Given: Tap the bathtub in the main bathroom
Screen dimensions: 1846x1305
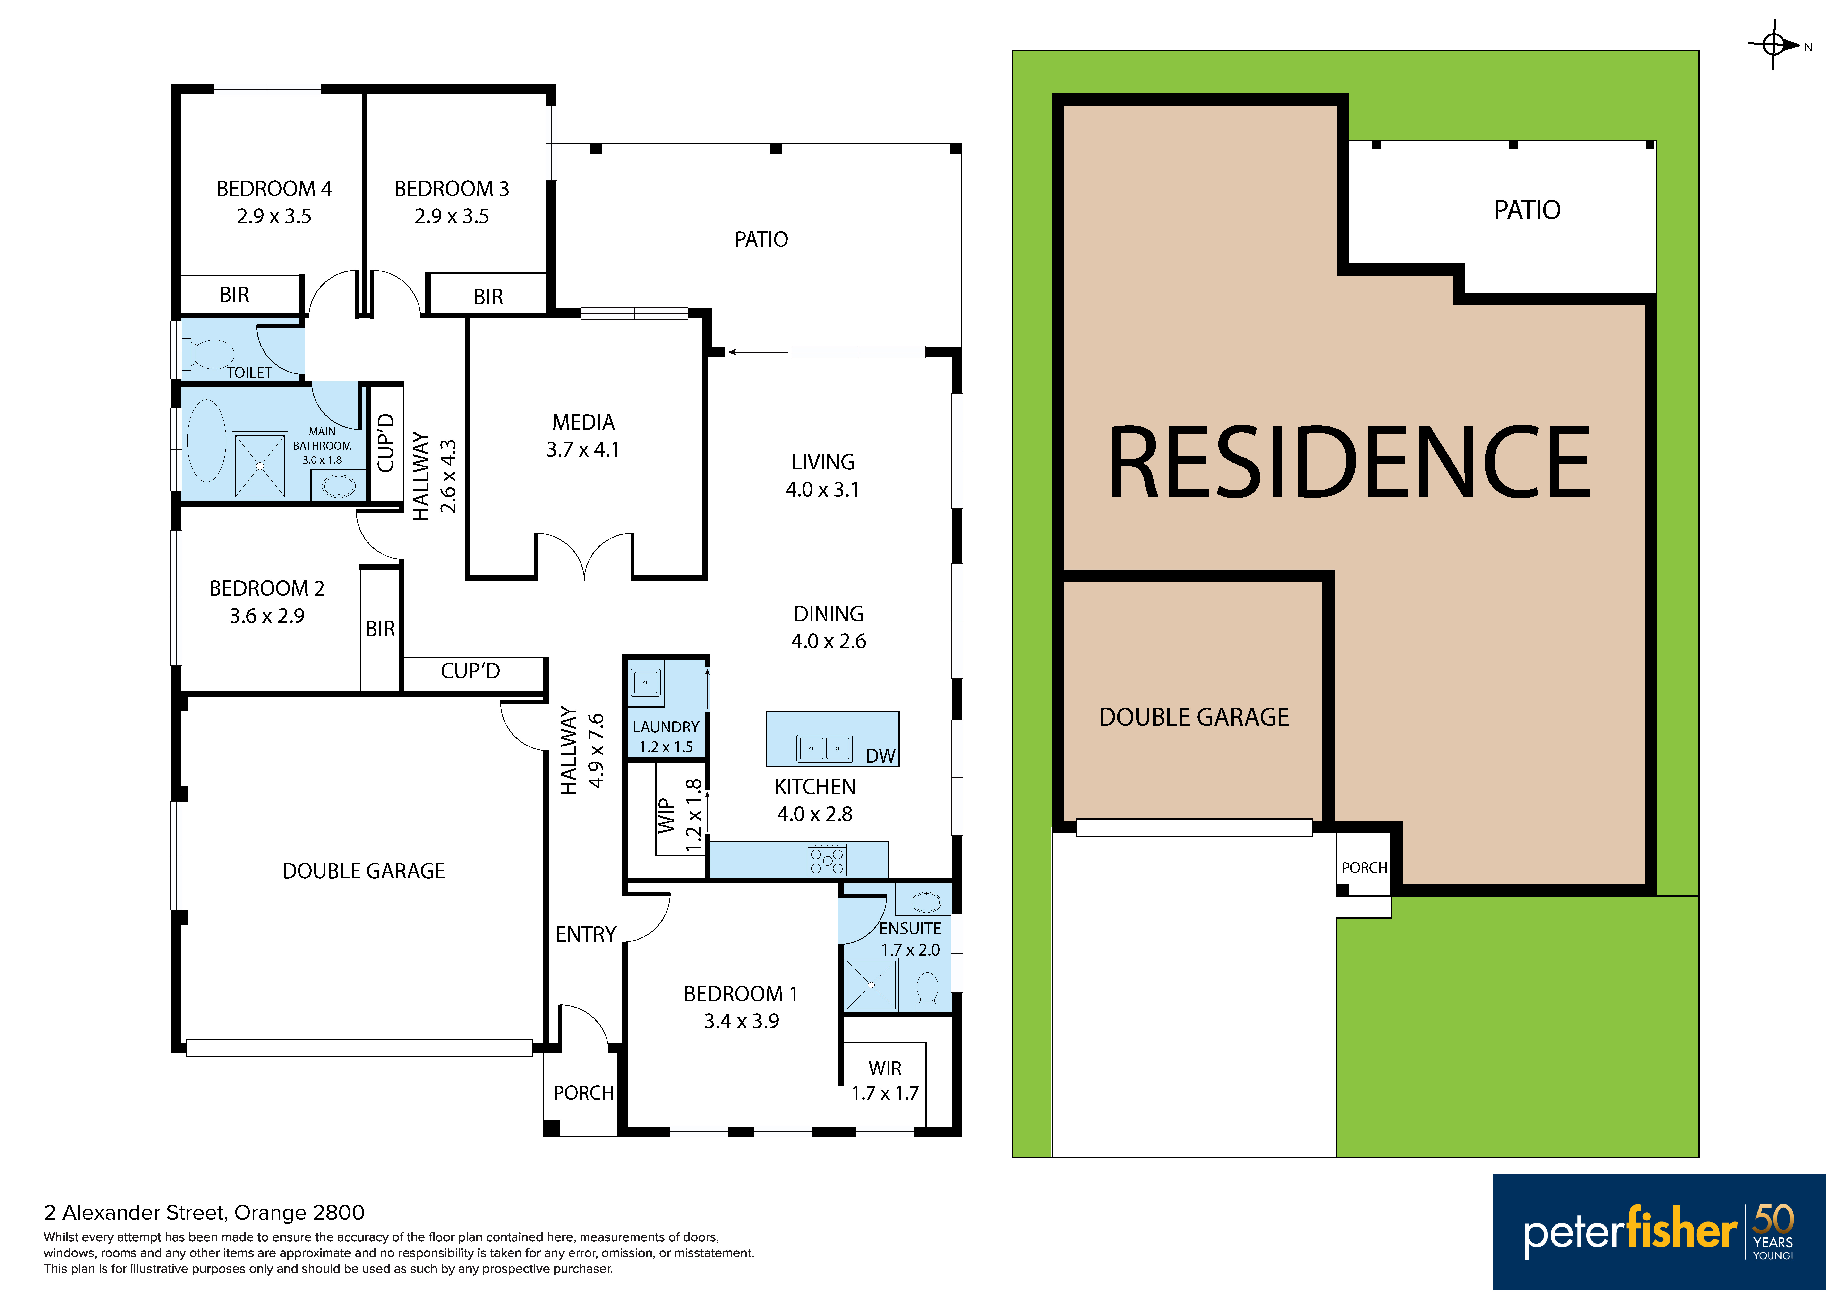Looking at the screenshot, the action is pos(207,440).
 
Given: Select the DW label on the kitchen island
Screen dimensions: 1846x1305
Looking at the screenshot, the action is pos(880,756).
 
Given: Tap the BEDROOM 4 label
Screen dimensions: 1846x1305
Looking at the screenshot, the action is pos(274,189).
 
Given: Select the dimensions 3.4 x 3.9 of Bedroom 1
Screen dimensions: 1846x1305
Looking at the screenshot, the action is pos(741,1021).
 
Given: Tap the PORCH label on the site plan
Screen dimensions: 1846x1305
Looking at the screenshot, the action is pos(1364,868).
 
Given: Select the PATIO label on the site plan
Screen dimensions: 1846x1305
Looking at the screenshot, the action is pos(1527,211).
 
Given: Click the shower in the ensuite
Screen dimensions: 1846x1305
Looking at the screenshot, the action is pos(871,984).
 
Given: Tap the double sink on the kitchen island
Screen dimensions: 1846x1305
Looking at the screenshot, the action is pos(824,748).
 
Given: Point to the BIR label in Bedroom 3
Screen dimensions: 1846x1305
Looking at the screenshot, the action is pos(488,297).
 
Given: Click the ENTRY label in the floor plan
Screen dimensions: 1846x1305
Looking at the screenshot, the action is pos(585,934).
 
